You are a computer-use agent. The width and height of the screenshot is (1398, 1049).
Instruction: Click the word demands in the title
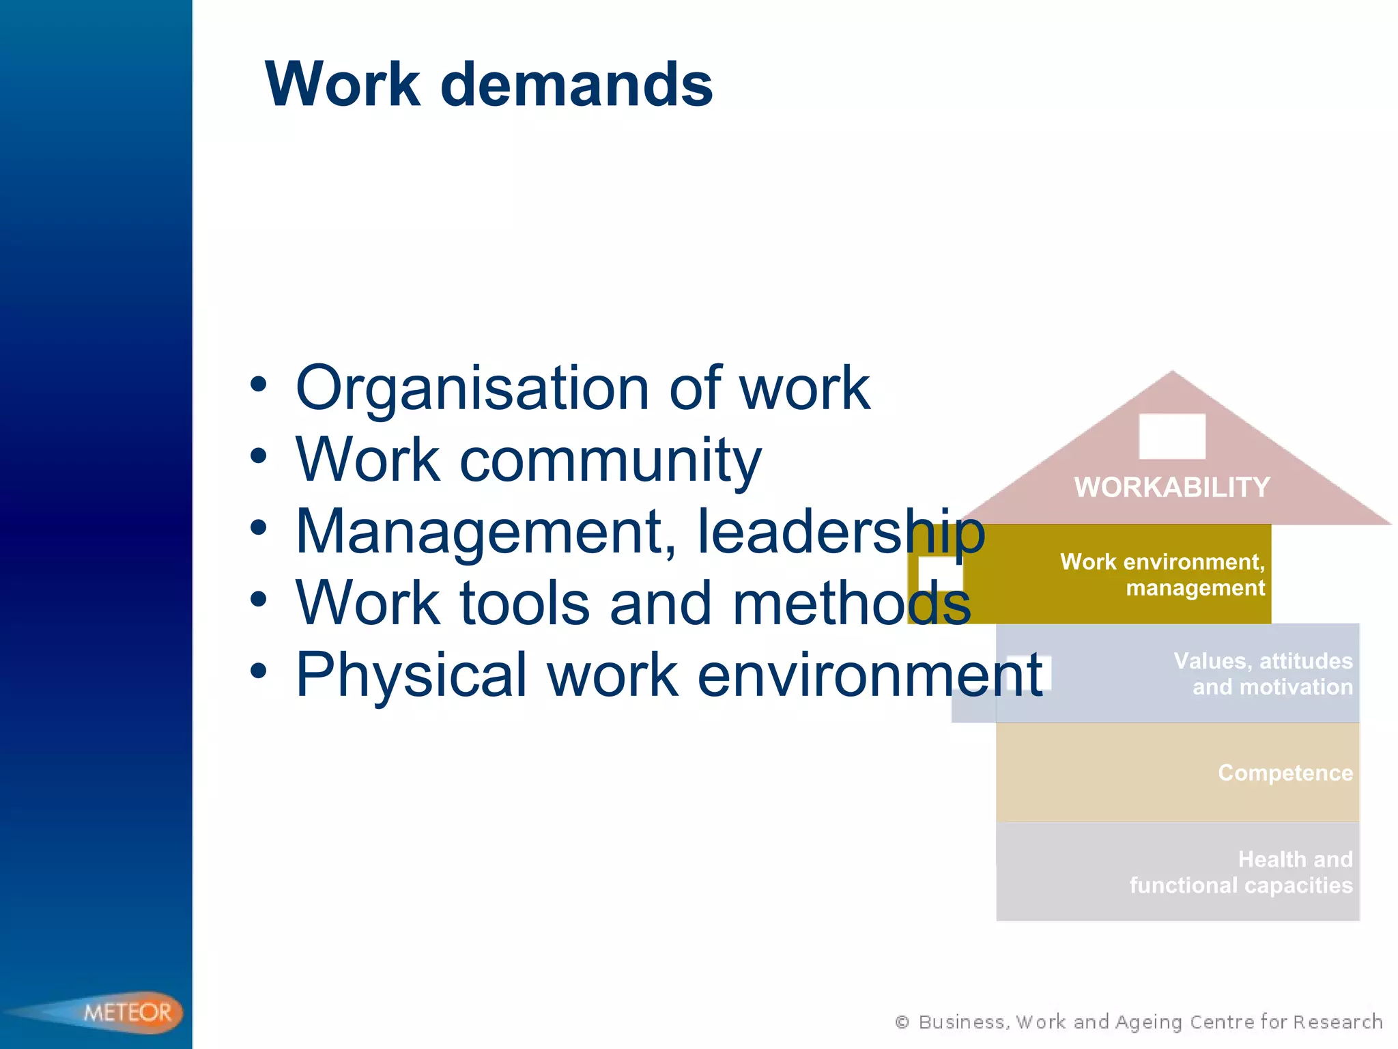point(577,85)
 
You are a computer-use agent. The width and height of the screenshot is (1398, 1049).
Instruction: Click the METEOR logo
point(127,1011)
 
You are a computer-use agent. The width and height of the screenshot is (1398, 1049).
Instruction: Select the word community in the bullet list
point(610,460)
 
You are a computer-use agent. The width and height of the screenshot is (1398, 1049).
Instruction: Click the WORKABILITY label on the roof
point(1172,488)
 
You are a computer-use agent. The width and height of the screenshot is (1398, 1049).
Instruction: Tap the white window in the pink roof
point(1172,436)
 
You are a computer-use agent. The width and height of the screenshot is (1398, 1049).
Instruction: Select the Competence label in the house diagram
point(1285,772)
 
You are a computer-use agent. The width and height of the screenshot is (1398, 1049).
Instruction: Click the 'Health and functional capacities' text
point(1241,872)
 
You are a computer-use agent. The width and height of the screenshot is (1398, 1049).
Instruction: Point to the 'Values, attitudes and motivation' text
point(1263,673)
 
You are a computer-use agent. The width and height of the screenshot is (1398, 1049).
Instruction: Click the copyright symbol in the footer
point(902,1022)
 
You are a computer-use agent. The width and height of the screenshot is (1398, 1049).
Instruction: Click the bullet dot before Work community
point(258,456)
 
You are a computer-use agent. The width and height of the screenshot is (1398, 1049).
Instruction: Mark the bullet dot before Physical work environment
point(258,671)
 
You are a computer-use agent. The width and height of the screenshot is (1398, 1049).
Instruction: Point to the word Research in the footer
point(1337,1022)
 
